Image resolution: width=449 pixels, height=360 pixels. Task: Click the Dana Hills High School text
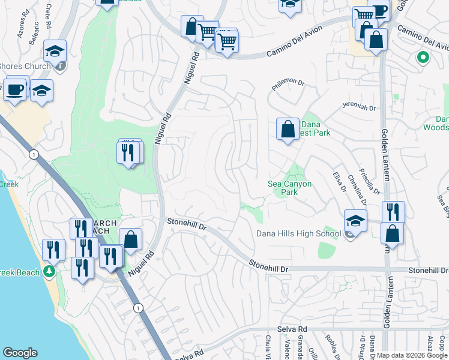[298, 233]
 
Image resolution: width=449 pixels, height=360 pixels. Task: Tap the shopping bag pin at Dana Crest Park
[288, 129]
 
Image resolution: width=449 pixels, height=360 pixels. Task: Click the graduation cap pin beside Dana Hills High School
[355, 222]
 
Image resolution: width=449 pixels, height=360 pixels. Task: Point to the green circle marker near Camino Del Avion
[423, 58]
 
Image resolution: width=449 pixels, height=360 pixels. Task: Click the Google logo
[20, 353]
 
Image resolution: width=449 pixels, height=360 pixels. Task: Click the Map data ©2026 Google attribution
[412, 355]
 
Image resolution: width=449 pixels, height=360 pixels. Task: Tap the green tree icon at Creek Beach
[49, 272]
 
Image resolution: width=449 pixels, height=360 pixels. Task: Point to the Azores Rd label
[21, 27]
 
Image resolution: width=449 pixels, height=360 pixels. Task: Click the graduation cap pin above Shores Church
[55, 52]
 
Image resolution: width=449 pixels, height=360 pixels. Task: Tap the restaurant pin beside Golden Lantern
[393, 212]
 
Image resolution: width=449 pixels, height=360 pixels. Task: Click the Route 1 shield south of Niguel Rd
[139, 308]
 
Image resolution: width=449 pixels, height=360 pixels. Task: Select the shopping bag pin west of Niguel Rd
[130, 240]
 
